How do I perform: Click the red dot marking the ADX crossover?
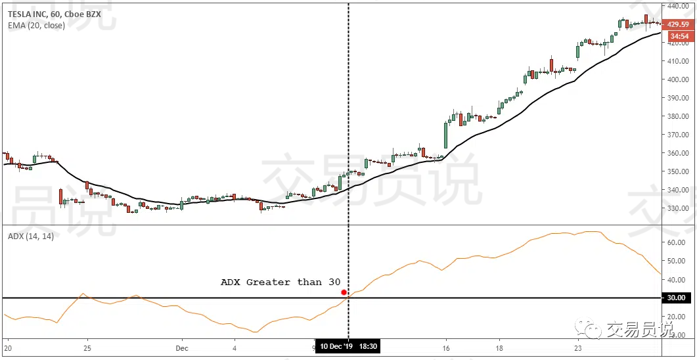(x=344, y=292)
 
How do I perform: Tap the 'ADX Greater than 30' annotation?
(x=281, y=282)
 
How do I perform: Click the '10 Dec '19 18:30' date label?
(x=347, y=346)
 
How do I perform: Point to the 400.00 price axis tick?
(x=678, y=79)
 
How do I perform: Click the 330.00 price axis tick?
(x=678, y=209)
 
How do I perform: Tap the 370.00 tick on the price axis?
(x=678, y=135)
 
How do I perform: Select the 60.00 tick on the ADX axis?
(x=677, y=242)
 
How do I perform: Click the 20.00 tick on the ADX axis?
(x=677, y=317)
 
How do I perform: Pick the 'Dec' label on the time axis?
(x=183, y=348)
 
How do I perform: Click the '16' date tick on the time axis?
(x=445, y=348)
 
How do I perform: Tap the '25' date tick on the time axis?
(x=87, y=348)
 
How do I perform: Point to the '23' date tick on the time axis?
(x=578, y=348)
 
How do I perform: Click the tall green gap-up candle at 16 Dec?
(x=446, y=135)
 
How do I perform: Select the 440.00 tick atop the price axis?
(x=678, y=6)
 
